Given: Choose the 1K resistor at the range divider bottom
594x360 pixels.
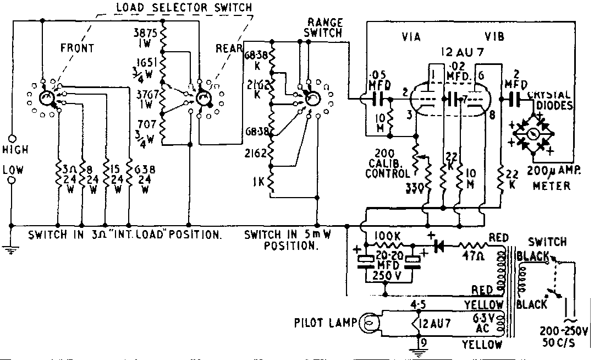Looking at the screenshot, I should [x=270, y=182].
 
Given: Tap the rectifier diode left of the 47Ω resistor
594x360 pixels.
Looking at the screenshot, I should [x=439, y=246].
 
